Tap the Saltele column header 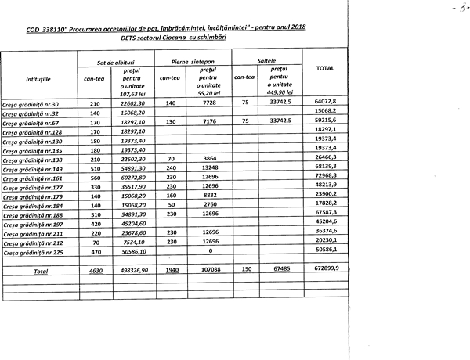(x=266, y=60)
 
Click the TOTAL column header (x=324, y=69)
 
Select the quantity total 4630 (x=96, y=270)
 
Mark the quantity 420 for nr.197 (x=96, y=223)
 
